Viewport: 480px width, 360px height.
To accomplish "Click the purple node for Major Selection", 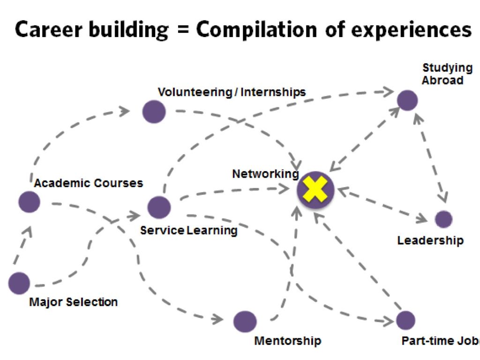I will pos(19,283).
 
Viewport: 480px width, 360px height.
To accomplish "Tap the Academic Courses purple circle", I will pos(29,202).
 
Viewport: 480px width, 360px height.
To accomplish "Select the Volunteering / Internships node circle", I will pos(154,112).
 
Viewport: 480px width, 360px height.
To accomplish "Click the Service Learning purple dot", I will pos(159,207).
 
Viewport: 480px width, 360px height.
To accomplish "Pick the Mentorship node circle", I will pos(245,322).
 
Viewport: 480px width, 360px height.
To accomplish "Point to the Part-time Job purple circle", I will pos(405,320).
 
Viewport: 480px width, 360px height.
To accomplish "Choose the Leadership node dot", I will pos(443,219).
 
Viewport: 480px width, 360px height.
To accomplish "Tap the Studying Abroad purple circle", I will pos(407,101).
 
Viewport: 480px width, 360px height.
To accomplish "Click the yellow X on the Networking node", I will pos(315,190).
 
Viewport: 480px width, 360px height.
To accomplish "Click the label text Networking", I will pos(265,174).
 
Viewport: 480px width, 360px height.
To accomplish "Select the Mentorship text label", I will pos(287,341).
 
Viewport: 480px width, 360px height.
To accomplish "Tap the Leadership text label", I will pos(430,241).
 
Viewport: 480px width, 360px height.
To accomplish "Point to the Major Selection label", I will pos(73,302).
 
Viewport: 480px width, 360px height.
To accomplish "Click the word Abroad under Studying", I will pos(442,80).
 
